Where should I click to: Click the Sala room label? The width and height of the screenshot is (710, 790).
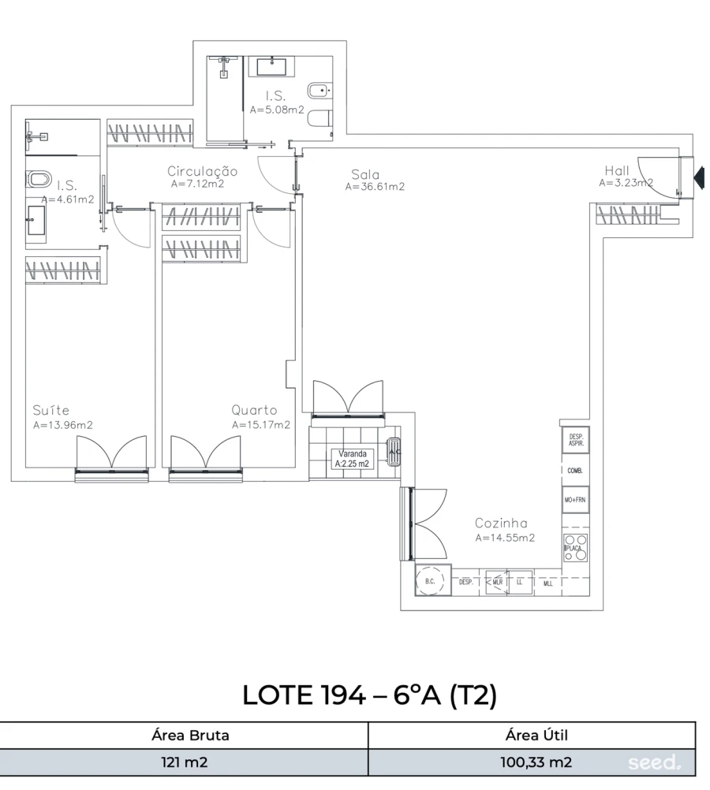click(366, 174)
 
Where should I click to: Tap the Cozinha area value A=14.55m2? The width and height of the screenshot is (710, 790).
click(505, 538)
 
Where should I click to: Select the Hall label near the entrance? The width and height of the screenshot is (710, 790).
click(617, 170)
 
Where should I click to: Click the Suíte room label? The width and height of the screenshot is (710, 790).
click(51, 410)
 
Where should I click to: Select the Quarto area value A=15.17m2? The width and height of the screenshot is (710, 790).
click(261, 424)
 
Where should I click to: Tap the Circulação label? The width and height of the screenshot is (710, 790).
click(202, 171)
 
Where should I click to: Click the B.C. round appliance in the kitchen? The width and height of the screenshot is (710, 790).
click(430, 582)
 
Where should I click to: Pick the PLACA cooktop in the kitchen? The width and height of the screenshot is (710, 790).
click(575, 548)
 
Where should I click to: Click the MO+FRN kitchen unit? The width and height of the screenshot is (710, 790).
click(575, 500)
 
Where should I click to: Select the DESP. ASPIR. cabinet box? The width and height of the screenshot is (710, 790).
click(575, 441)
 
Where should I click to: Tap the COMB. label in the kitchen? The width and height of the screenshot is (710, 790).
click(575, 471)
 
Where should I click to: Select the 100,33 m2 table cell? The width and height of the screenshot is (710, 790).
click(536, 762)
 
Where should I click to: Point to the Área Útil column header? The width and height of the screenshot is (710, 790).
click(536, 736)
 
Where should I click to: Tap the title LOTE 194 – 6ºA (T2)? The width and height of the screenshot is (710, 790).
click(368, 695)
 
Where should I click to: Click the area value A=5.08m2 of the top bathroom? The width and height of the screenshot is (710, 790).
click(277, 110)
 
